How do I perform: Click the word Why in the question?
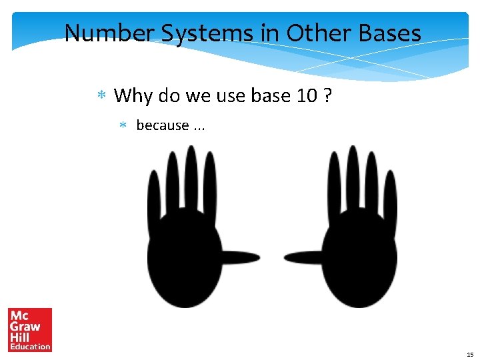coord(133,96)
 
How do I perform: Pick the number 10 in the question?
coord(306,96)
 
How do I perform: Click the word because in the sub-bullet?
coord(162,125)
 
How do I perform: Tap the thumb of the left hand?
coord(237,257)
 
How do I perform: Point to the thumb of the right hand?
coord(307,257)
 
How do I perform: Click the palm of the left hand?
coord(185,257)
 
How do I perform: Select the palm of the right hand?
coord(359,257)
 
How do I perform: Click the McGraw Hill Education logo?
coord(30,329)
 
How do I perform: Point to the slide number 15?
coord(470,354)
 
